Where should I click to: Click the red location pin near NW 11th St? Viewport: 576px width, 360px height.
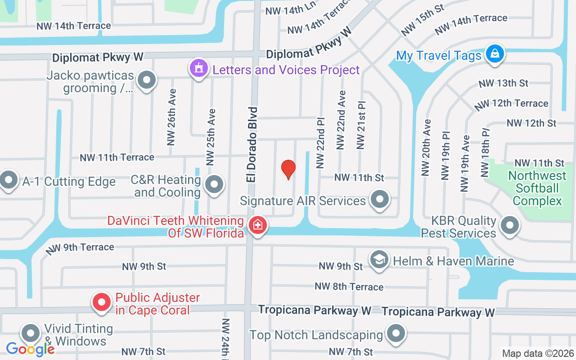pyautogui.click(x=288, y=170)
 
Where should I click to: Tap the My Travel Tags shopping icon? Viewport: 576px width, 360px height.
pyautogui.click(x=495, y=54)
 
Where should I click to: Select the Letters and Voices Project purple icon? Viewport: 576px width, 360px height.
pyautogui.click(x=198, y=68)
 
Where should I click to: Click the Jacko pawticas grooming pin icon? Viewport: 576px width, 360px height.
pyautogui.click(x=146, y=81)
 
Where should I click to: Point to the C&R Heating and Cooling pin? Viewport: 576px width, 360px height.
pyautogui.click(x=214, y=184)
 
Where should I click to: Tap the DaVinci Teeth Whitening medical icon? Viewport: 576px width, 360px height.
pyautogui.click(x=258, y=224)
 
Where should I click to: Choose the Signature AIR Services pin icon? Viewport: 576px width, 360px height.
pyautogui.click(x=380, y=199)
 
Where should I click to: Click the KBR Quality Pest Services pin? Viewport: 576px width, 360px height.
pyautogui.click(x=510, y=225)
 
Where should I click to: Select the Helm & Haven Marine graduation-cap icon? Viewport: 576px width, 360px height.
pyautogui.click(x=379, y=260)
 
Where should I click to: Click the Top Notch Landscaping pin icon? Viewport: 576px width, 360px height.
pyautogui.click(x=396, y=334)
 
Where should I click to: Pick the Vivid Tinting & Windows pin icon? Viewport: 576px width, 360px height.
pyautogui.click(x=31, y=333)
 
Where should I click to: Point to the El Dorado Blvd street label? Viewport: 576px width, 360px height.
pyautogui.click(x=252, y=144)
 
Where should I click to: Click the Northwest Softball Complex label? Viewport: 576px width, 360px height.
pyautogui.click(x=537, y=188)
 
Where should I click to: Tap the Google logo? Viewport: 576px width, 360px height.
pyautogui.click(x=30, y=349)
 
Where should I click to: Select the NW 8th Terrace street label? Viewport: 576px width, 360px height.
pyautogui.click(x=349, y=287)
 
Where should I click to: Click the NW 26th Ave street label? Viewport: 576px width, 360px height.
pyautogui.click(x=171, y=117)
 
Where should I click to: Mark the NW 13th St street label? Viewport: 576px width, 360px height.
pyautogui.click(x=503, y=83)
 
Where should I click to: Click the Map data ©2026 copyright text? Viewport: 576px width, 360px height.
pyautogui.click(x=537, y=353)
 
